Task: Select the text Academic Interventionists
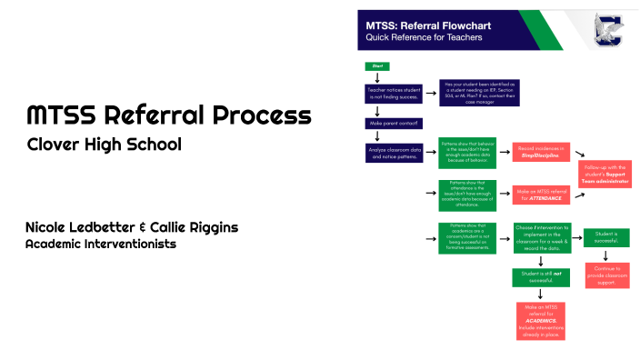(100, 245)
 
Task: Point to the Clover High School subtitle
(104, 145)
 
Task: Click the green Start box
(376, 66)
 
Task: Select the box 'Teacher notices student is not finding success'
(394, 94)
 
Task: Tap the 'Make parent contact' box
(393, 123)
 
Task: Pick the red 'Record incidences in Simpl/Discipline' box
(540, 151)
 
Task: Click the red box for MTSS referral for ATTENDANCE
(540, 194)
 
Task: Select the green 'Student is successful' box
(605, 238)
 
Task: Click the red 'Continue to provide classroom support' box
(605, 275)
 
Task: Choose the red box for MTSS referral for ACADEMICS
(540, 321)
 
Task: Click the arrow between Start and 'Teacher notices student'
(376, 77)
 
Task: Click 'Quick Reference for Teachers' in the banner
(423, 38)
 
